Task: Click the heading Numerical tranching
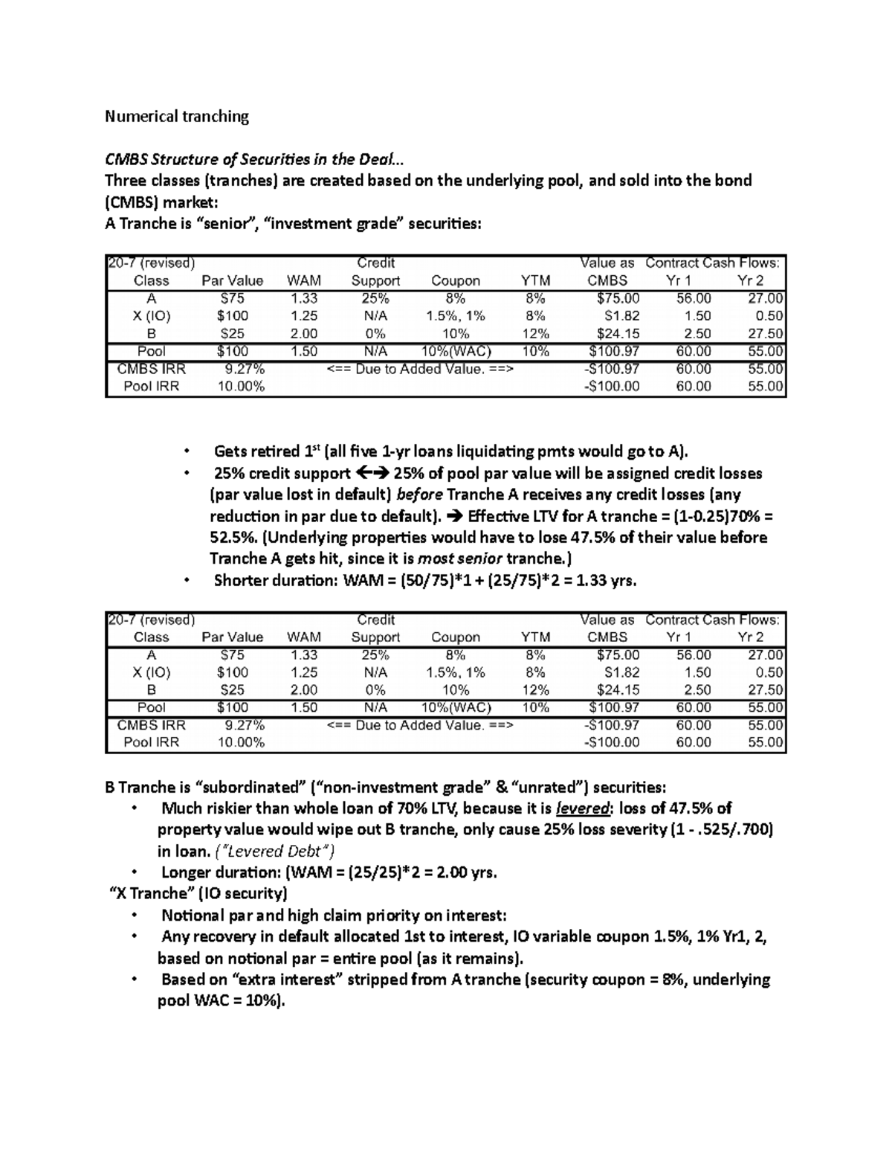177,116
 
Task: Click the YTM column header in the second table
535,637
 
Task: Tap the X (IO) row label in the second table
152,672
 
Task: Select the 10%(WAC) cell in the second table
456,707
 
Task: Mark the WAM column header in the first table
304,281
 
